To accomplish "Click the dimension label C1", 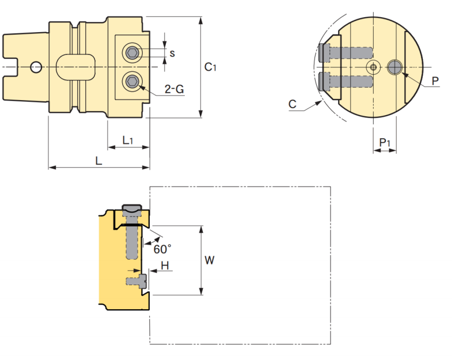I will point(210,67).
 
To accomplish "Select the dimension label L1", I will point(128,140).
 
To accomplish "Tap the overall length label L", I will point(98,161).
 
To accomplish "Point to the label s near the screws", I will point(172,53).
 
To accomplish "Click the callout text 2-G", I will point(174,89).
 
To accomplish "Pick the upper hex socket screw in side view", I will point(133,53).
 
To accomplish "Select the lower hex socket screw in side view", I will point(133,82).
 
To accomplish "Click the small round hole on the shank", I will point(36,67).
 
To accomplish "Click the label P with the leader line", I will point(435,80).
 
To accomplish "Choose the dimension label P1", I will point(385,142).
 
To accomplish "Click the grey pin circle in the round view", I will point(394,67).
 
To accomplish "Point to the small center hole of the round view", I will point(373,67).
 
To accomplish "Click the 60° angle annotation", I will point(162,249).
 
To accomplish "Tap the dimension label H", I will point(165,265).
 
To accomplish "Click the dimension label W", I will point(210,260).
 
